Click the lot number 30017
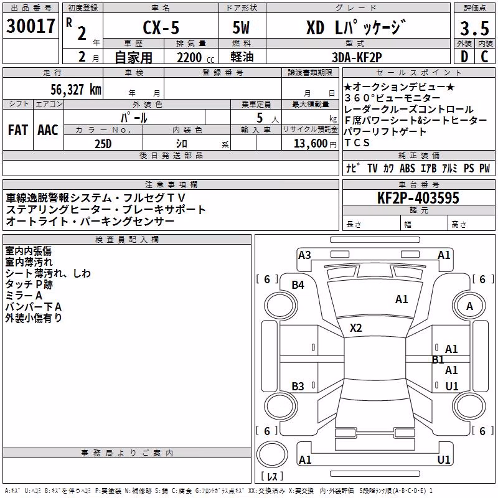[31, 26]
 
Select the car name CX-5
[161, 27]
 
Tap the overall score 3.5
[474, 28]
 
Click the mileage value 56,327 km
[76, 90]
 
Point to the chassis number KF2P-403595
[418, 198]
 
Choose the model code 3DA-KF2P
[357, 57]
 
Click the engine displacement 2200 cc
[195, 58]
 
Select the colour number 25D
[103, 144]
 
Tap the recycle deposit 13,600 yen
[315, 144]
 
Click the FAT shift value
[18, 130]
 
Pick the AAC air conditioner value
[48, 130]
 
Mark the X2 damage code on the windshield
[355, 328]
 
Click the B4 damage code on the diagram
[298, 285]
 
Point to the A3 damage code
[304, 255]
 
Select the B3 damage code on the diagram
[298, 386]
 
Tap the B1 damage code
[438, 360]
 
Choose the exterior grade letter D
[464, 57]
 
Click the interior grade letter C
[484, 57]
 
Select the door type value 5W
[241, 27]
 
